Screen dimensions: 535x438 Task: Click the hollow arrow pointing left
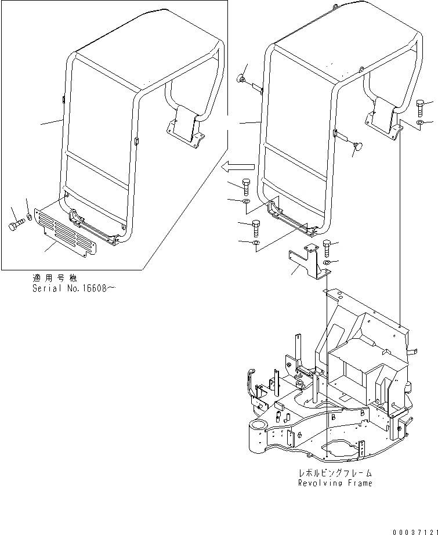(x=233, y=167)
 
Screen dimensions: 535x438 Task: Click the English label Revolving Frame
(x=335, y=483)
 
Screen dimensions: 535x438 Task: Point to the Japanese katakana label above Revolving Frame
(x=335, y=473)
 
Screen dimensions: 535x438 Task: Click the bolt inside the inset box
(x=17, y=223)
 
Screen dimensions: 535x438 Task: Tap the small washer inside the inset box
(x=31, y=219)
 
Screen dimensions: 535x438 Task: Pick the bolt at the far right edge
(x=421, y=108)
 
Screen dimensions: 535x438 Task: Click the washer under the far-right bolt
(x=420, y=124)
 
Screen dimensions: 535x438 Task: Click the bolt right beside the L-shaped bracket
(x=326, y=247)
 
